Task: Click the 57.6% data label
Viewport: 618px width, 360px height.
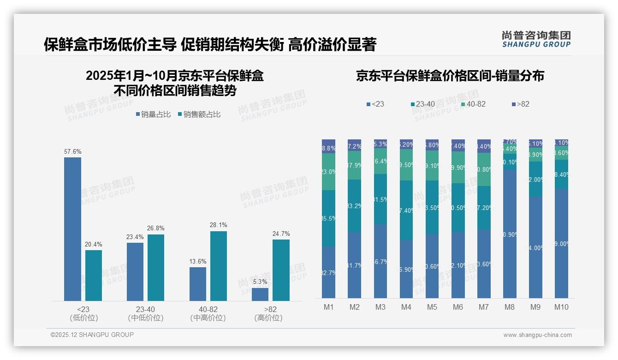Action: tap(72, 151)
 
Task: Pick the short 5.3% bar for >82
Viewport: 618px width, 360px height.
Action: tap(260, 294)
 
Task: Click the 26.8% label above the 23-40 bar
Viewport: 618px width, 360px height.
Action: tap(156, 228)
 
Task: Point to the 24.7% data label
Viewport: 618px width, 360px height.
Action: tap(281, 234)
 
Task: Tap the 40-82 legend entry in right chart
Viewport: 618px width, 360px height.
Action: tap(473, 104)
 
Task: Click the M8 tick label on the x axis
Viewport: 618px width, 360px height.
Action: tap(509, 307)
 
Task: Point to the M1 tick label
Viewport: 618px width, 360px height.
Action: tap(328, 307)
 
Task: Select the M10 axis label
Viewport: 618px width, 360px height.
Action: tap(561, 307)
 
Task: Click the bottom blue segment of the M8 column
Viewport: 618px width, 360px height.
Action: tap(510, 234)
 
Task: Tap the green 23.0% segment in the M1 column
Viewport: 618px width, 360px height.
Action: tap(328, 171)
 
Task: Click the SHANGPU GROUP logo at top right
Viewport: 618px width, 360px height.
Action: tap(536, 39)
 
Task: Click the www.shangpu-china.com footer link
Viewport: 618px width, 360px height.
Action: tap(537, 335)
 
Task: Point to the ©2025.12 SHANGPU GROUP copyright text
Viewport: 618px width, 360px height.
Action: tap(92, 335)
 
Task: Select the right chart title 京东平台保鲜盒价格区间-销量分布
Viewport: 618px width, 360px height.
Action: tap(450, 76)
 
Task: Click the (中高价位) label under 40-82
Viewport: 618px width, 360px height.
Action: tap(208, 318)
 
